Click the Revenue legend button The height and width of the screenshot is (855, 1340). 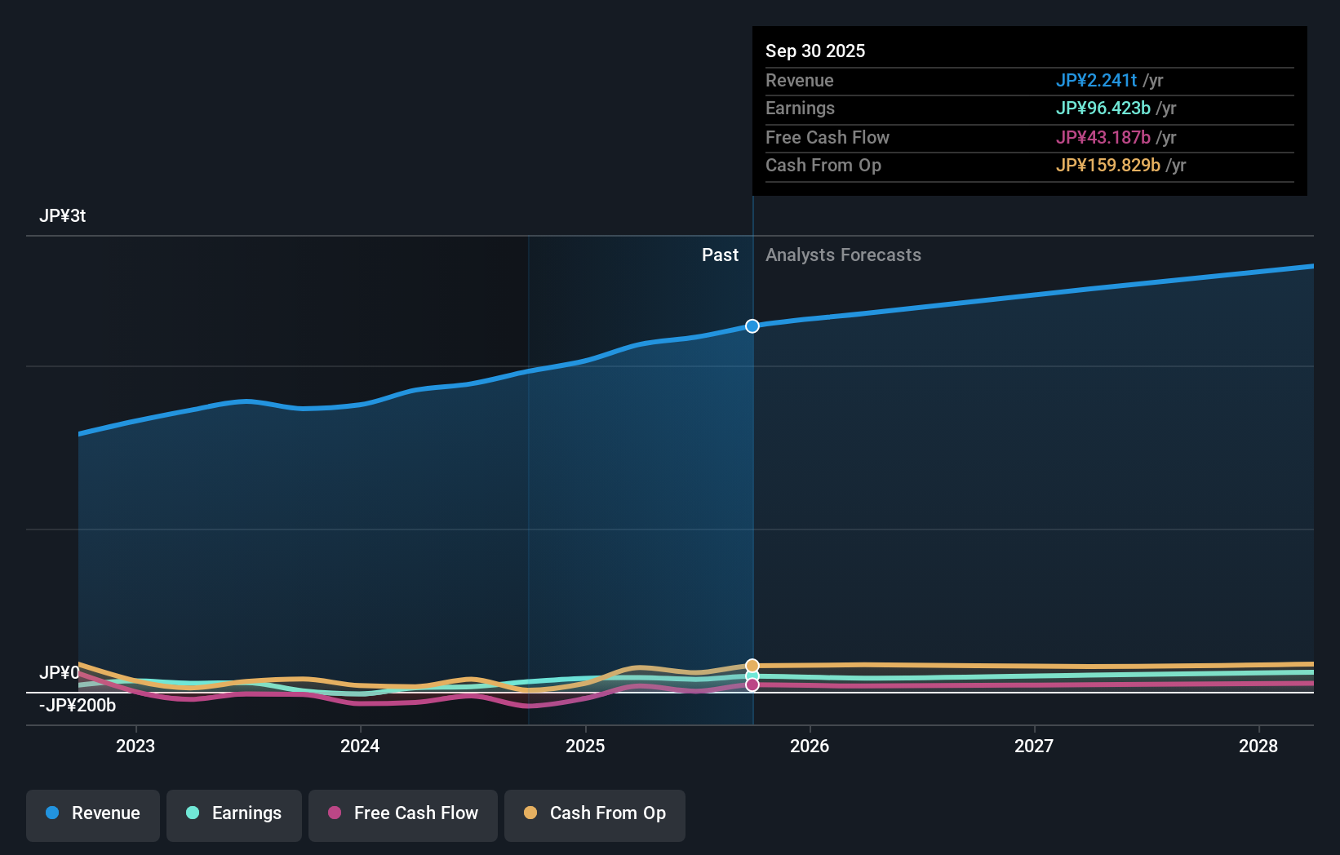(x=93, y=814)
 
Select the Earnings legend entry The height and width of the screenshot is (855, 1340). (x=234, y=814)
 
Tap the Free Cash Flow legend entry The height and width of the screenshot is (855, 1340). (x=403, y=814)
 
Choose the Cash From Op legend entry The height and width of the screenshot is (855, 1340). (x=595, y=814)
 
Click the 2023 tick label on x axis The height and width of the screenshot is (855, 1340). (x=135, y=746)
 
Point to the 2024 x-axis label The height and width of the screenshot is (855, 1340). (x=360, y=746)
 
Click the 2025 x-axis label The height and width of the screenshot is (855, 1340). (x=585, y=746)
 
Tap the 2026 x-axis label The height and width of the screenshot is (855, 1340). (x=810, y=746)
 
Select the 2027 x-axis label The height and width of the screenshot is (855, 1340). (x=1034, y=746)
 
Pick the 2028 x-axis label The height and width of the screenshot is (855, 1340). (x=1258, y=746)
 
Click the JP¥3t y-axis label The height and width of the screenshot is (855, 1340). (x=62, y=216)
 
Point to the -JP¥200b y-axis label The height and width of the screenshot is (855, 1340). (x=78, y=706)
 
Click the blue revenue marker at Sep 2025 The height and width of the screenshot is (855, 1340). (x=752, y=326)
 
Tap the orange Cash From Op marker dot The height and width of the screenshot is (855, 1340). (x=752, y=666)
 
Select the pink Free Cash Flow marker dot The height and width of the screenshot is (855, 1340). (x=752, y=685)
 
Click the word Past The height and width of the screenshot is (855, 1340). (x=720, y=255)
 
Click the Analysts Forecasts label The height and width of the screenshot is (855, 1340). (x=843, y=255)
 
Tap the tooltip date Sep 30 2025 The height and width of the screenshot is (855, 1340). (x=815, y=51)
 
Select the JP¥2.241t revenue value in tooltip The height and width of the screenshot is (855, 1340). (x=1096, y=81)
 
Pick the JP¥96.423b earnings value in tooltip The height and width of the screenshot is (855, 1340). (x=1103, y=109)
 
